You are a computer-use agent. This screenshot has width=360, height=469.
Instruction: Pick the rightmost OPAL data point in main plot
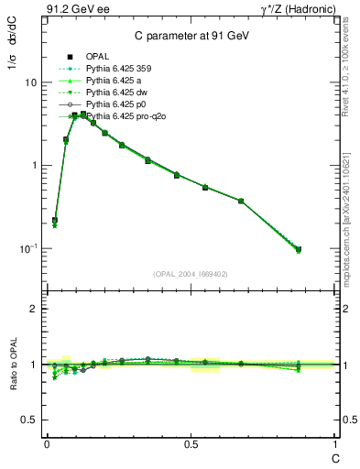tap(299, 249)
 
